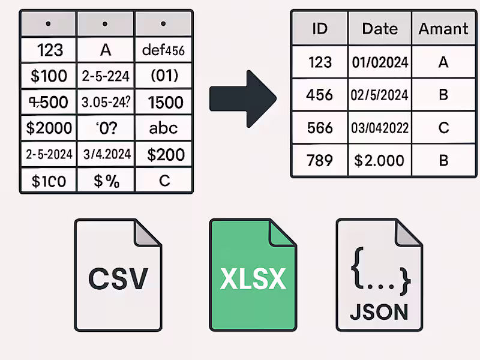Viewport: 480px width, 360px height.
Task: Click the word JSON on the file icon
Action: (x=379, y=311)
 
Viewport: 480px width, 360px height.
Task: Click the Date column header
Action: (x=380, y=29)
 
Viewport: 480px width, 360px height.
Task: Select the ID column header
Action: (x=319, y=29)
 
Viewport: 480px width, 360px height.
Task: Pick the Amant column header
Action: (x=443, y=29)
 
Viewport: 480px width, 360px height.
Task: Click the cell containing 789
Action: (x=319, y=160)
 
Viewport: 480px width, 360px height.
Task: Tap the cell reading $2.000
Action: (x=380, y=160)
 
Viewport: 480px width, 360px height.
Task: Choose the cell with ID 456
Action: (x=319, y=95)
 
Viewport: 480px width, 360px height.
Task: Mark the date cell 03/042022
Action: (x=380, y=128)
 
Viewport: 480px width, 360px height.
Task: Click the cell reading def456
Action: (x=163, y=50)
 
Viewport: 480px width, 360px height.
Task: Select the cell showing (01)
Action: (x=163, y=76)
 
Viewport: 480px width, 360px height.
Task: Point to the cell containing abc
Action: (x=163, y=128)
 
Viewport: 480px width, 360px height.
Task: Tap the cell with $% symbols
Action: (x=105, y=180)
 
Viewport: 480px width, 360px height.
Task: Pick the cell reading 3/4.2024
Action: (x=105, y=154)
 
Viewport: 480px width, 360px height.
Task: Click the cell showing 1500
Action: (x=163, y=102)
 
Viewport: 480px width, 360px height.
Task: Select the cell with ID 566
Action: (x=319, y=128)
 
